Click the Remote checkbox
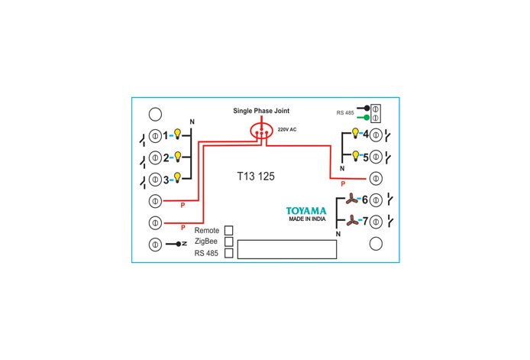229,230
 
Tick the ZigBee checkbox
229,242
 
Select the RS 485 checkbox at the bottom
229,253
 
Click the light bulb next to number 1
177,134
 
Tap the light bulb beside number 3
177,177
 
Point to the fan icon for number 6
352,199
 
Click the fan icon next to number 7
352,221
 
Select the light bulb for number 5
355,156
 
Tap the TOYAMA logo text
306,211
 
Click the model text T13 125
256,177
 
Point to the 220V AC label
287,130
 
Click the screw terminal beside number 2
155,157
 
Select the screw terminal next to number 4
376,135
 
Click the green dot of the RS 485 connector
367,118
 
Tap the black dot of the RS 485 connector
367,109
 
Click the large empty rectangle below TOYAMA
287,249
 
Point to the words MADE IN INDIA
307,219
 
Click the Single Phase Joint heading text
261,111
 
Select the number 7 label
365,222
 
